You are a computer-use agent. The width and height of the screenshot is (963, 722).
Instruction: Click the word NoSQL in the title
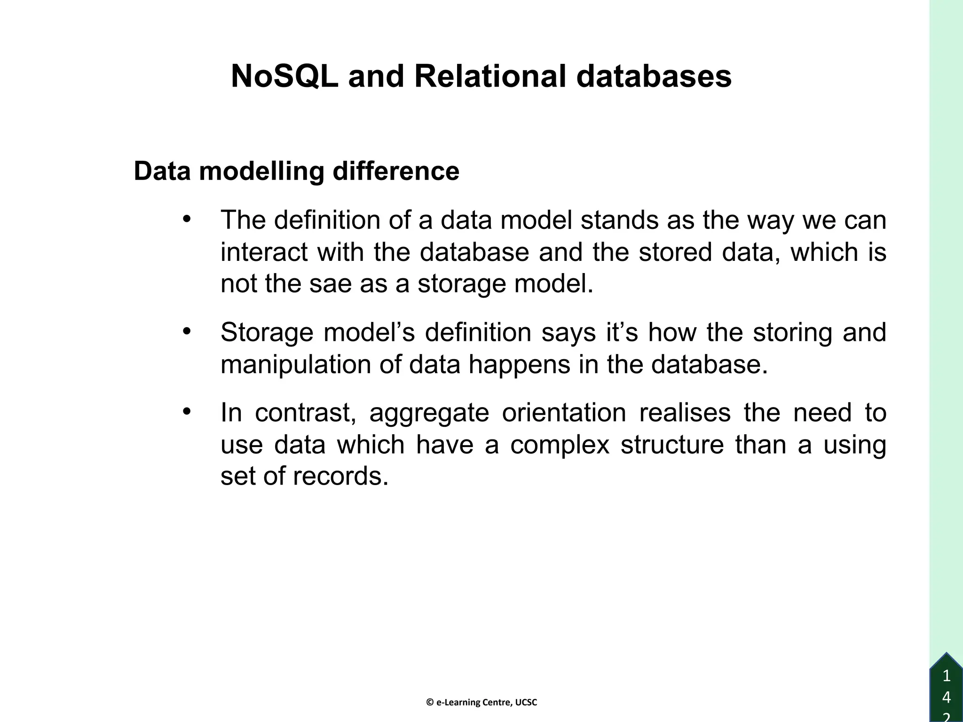(284, 76)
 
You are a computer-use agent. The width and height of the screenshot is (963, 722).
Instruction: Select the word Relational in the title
(489, 76)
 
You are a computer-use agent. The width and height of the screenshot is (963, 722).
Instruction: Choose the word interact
(264, 252)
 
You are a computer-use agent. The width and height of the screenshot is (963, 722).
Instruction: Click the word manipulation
(296, 364)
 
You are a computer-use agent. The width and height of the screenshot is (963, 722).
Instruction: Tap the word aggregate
(429, 412)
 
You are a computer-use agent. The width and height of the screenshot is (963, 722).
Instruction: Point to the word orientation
(564, 412)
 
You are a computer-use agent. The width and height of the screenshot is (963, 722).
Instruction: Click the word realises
(685, 412)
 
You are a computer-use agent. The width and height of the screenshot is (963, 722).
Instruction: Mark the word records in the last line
(341, 476)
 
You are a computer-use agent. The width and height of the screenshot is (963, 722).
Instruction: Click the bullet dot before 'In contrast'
(187, 411)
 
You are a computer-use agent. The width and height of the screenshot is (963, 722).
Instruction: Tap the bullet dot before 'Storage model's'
(187, 331)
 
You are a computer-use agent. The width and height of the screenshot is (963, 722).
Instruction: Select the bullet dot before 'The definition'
(187, 219)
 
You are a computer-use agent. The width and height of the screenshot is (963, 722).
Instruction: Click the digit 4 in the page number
(947, 697)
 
